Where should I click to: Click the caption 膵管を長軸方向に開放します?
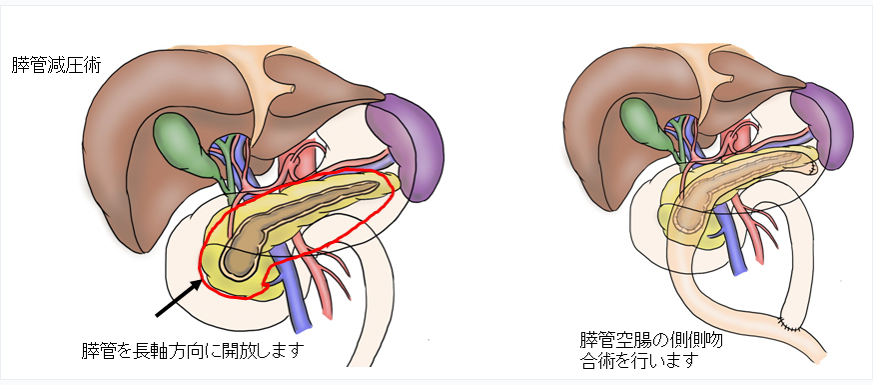(191, 351)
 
